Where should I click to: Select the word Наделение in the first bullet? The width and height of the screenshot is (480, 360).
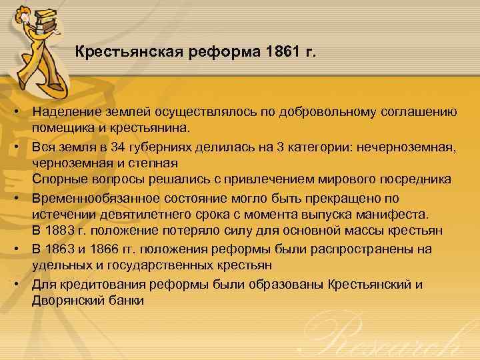pos(64,112)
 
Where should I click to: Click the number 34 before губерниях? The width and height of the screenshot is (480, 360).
pos(119,147)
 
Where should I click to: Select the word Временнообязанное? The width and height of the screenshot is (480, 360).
pos(96,198)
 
